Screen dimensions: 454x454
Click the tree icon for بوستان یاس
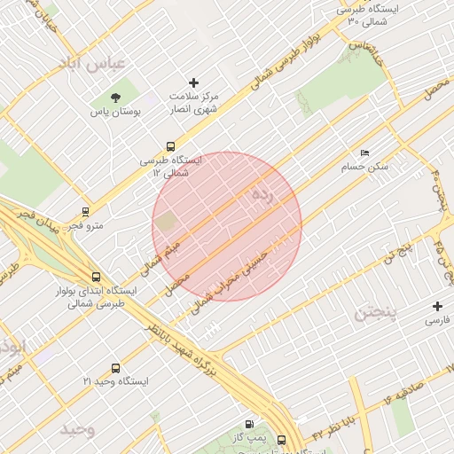coord(115,97)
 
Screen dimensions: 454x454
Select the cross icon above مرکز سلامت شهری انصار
coord(193,82)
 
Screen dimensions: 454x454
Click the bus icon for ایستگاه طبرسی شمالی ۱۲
coord(170,146)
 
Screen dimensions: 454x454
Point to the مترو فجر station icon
coord(85,213)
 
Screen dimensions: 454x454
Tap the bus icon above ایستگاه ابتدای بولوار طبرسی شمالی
coord(96,277)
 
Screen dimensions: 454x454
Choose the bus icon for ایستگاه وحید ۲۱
coord(115,368)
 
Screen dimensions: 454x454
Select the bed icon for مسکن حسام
coord(365,153)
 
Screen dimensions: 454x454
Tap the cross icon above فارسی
coord(438,305)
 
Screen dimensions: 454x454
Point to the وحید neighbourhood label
coord(77,430)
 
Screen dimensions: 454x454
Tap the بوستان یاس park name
coord(115,113)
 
